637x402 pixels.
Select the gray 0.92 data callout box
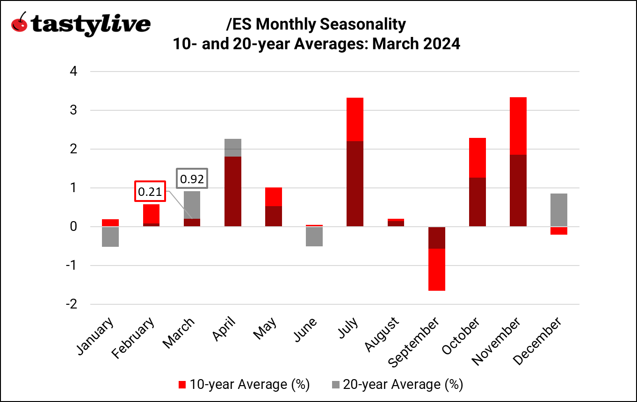pos(192,179)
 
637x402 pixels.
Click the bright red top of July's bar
pos(355,119)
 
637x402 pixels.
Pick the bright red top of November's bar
pos(518,126)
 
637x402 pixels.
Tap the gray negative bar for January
pos(110,237)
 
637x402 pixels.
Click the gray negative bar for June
pos(314,236)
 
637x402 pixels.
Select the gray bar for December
pos(559,210)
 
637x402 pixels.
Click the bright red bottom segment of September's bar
pos(436,270)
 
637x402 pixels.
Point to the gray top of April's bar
pos(233,148)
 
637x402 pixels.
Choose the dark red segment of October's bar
pos(477,202)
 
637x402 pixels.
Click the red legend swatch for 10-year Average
pos(183,385)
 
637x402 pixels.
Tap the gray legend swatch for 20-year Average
pos(335,385)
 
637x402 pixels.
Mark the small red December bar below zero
pos(559,231)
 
